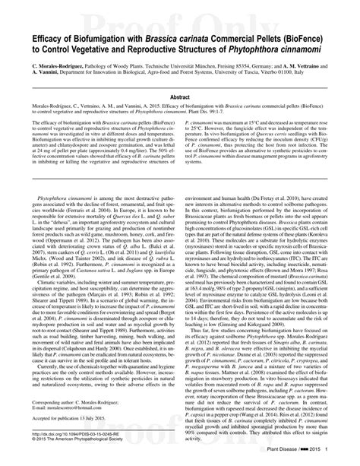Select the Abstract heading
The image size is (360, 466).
(179, 97)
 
